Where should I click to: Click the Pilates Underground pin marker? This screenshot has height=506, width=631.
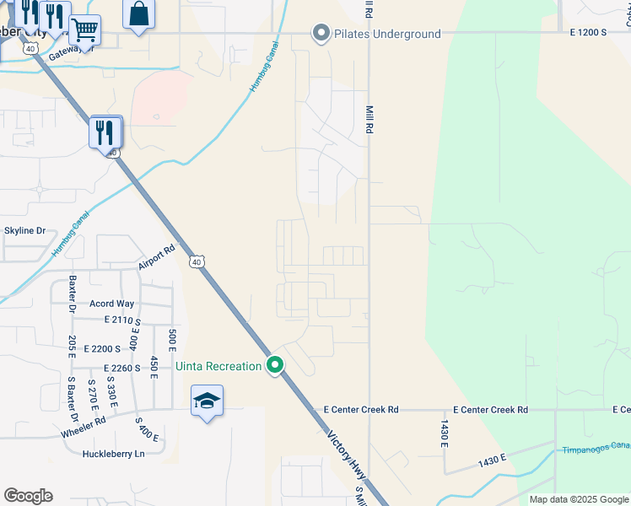pos(321,34)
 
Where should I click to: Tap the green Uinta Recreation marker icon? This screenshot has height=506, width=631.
pos(275,366)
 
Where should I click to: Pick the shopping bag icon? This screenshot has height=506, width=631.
pos(139,14)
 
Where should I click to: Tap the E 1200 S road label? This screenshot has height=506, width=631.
pos(588,32)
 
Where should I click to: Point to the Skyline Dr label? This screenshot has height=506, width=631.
pos(24,230)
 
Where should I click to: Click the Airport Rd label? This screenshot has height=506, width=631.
pos(156,257)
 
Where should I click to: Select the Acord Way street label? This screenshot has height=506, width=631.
pos(111,304)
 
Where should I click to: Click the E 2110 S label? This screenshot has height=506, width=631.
pos(123,320)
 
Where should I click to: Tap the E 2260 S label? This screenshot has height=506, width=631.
pos(122,368)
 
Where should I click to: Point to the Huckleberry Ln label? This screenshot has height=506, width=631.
pos(114,454)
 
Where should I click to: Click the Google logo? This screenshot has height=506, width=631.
pos(28,496)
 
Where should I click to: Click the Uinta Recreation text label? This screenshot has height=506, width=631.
pos(218,366)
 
